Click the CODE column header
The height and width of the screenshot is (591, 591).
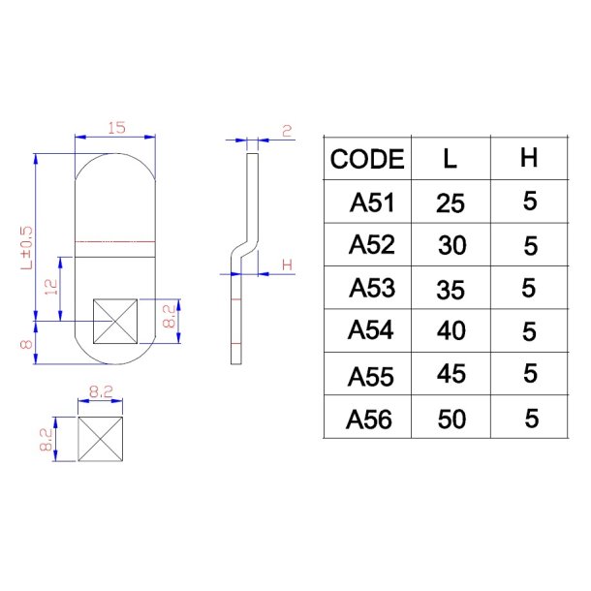367,160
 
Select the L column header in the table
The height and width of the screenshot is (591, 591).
450,160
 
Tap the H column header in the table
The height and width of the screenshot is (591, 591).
528,159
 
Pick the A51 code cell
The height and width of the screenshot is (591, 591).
372,203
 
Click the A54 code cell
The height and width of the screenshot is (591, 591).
372,330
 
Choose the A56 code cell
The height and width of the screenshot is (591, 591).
370,418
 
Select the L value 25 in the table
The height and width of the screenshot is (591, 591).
451,203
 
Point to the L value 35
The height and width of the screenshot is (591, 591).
451,289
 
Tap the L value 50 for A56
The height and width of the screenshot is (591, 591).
451,419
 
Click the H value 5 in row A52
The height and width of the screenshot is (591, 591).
529,246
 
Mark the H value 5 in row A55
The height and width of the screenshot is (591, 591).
529,375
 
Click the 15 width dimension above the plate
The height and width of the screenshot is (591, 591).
116,128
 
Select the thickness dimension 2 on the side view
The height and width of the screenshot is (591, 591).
287,130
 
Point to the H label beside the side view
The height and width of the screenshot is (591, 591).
287,264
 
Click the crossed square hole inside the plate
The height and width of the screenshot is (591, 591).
115,322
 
